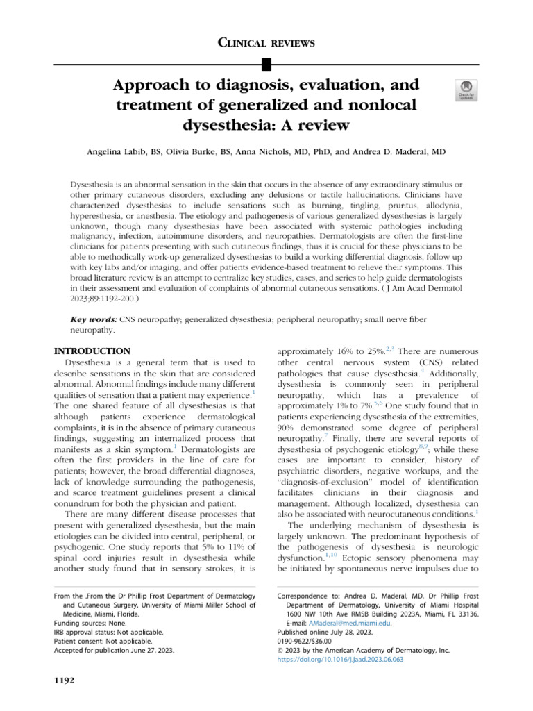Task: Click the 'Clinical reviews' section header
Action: pos(266,43)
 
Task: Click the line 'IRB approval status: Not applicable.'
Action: pos(108,633)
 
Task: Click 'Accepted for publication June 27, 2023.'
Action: pos(114,651)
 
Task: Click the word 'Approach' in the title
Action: pos(153,85)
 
